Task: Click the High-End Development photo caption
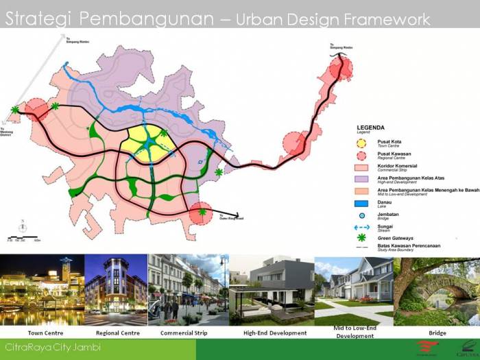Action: (274, 333)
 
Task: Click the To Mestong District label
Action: (5, 132)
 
